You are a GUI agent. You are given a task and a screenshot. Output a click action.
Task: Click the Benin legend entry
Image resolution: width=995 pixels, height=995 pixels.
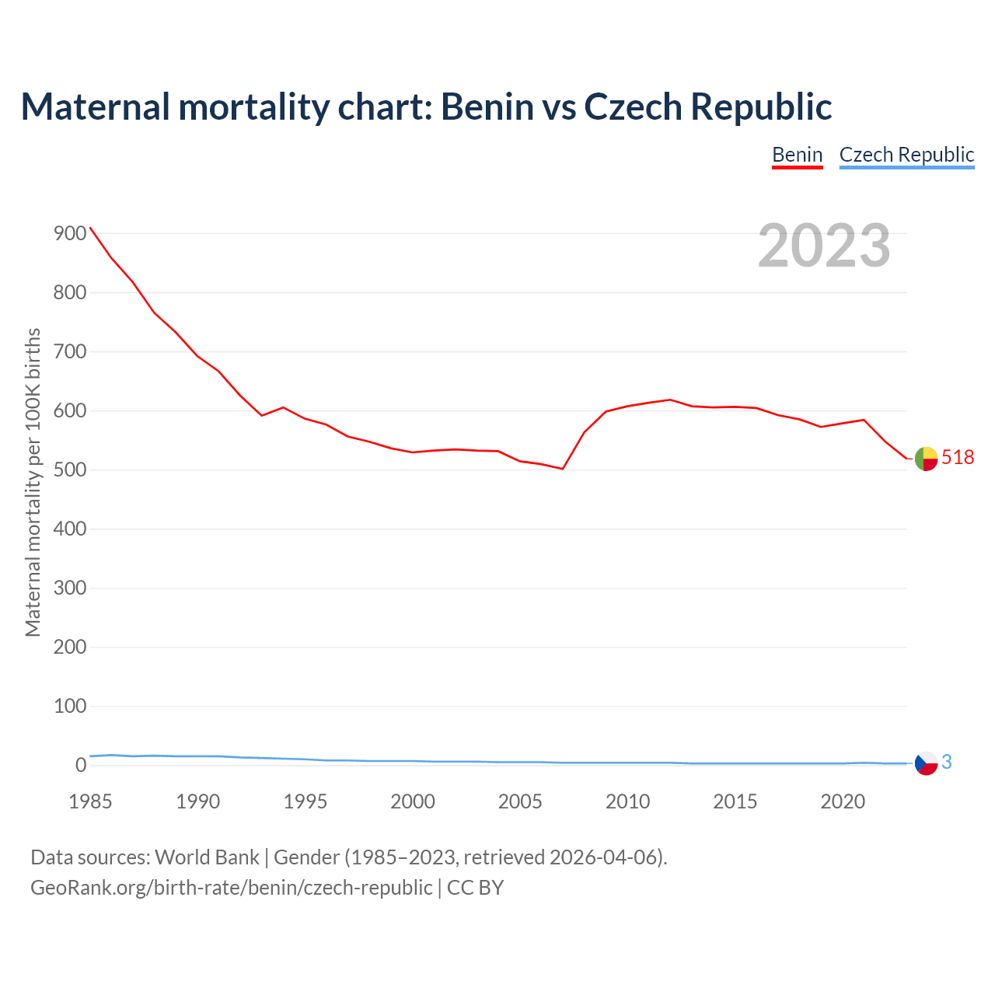pyautogui.click(x=797, y=155)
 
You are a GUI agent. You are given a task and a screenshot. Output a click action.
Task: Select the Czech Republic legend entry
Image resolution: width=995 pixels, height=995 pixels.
pyautogui.click(x=906, y=155)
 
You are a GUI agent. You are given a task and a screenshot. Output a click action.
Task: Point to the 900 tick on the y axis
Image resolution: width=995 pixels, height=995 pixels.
pyautogui.click(x=70, y=234)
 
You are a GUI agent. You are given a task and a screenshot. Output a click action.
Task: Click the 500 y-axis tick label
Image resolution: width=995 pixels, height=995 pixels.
pyautogui.click(x=70, y=470)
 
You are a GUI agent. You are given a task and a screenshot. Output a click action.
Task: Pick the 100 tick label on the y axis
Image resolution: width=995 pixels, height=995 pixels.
pyautogui.click(x=70, y=707)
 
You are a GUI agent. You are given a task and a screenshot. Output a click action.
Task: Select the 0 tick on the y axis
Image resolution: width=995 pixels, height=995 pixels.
pyautogui.click(x=81, y=766)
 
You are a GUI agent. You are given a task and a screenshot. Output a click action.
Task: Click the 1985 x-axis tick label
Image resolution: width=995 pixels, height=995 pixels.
pyautogui.click(x=90, y=801)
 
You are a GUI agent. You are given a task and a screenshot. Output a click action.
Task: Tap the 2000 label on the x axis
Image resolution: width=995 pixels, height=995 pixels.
pyautogui.click(x=413, y=801)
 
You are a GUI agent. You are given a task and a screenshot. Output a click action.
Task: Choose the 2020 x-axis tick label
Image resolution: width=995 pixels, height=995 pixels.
pyautogui.click(x=843, y=801)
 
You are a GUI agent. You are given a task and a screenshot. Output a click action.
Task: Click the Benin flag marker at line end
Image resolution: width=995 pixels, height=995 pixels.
pyautogui.click(x=926, y=459)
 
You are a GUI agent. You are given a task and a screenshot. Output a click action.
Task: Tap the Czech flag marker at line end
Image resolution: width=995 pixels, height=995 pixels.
pyautogui.click(x=926, y=763)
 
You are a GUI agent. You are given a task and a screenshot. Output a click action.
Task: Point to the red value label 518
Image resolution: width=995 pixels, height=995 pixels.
pyautogui.click(x=958, y=458)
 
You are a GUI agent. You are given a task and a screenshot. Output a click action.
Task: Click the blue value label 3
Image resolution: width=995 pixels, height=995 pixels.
pyautogui.click(x=947, y=763)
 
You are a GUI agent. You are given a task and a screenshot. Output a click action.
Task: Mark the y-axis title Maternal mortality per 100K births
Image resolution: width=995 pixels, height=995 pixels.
pyautogui.click(x=33, y=482)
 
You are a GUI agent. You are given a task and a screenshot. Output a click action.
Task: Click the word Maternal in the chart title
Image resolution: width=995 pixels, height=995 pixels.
pyautogui.click(x=95, y=106)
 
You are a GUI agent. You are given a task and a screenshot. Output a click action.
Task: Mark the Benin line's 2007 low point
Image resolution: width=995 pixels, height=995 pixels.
pyautogui.click(x=562, y=469)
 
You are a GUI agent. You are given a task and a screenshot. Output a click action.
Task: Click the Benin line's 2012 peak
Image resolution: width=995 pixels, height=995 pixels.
pyautogui.click(x=670, y=400)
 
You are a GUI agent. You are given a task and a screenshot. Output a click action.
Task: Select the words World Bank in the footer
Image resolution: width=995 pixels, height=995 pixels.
pyautogui.click(x=207, y=857)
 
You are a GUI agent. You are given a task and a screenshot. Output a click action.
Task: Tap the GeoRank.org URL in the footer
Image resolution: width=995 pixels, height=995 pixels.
pyautogui.click(x=231, y=888)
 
